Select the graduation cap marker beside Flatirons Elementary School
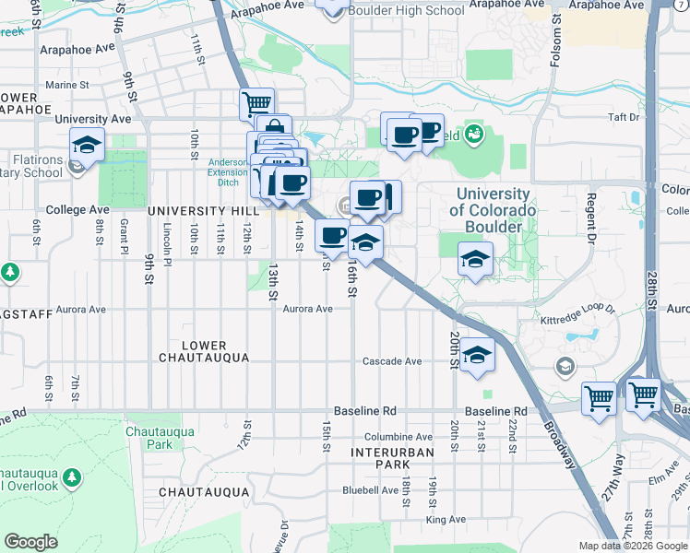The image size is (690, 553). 87,145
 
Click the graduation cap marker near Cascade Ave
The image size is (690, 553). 476,354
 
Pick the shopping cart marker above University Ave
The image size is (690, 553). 256,102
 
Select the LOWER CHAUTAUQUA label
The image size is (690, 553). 204,351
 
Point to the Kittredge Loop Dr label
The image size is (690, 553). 578,322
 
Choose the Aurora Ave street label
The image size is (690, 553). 307,309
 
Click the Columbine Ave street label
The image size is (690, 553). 398,437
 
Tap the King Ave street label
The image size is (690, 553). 446,520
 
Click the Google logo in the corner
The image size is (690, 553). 30,542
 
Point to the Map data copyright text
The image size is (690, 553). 633,546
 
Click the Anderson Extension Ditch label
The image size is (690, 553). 227,171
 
